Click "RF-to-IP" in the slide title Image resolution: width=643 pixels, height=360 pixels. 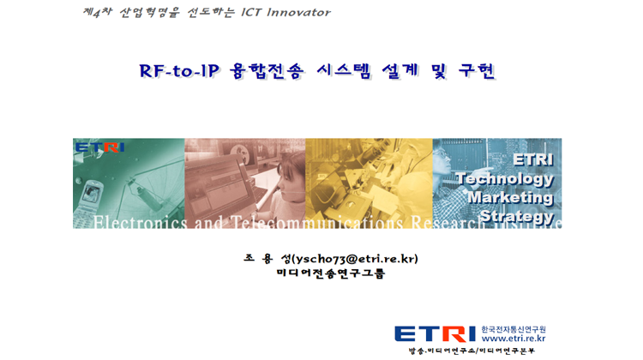pyautogui.click(x=179, y=71)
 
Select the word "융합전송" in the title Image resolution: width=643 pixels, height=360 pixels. pyautogui.click(x=267, y=71)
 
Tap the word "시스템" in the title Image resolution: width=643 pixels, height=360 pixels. pyautogui.click(x=344, y=71)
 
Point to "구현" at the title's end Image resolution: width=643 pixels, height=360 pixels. pyautogui.click(x=477, y=71)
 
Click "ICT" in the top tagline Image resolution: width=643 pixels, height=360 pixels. pyautogui.click(x=251, y=12)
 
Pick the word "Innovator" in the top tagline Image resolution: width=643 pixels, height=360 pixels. pyautogui.click(x=298, y=12)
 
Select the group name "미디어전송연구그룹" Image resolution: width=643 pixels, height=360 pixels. pyautogui.click(x=331, y=273)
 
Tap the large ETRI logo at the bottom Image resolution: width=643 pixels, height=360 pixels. pyautogui.click(x=435, y=334)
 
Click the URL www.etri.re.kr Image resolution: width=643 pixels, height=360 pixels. pyautogui.click(x=514, y=339)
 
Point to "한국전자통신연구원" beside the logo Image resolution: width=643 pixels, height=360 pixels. pyautogui.click(x=514, y=329)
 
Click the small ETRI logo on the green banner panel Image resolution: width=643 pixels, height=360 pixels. pyautogui.click(x=99, y=147)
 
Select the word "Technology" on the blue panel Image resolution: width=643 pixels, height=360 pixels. pyautogui.click(x=505, y=179)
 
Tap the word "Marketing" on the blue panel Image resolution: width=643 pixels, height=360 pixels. pyautogui.click(x=511, y=197)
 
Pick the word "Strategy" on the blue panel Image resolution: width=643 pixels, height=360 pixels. pyautogui.click(x=517, y=216)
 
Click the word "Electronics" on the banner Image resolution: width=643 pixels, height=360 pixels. pyautogui.click(x=141, y=222)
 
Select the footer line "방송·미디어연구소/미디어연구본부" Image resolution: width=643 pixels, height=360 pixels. pyautogui.click(x=472, y=351)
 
